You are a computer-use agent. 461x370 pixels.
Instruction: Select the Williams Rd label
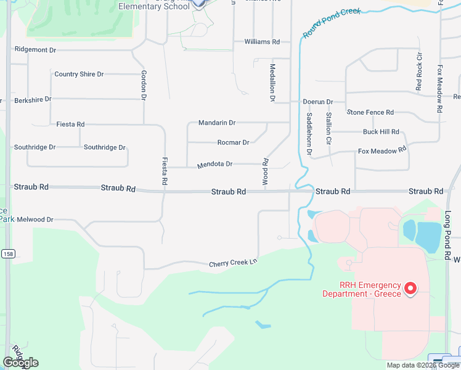(x=262, y=42)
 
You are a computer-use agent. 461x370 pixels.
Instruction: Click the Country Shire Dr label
(x=79, y=74)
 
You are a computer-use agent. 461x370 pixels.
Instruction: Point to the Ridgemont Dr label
(x=35, y=49)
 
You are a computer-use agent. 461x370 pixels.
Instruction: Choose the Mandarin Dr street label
(x=217, y=123)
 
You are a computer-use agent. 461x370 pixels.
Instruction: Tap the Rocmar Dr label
(x=233, y=142)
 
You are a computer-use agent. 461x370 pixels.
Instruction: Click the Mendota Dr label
(x=214, y=165)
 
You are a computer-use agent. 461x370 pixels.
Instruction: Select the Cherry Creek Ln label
(x=232, y=263)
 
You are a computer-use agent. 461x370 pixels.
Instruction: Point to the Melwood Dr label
(x=35, y=220)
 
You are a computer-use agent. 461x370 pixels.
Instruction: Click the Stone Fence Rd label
(x=370, y=112)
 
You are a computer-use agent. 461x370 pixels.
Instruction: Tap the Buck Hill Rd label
(x=381, y=132)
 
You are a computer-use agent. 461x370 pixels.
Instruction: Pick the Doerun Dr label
(x=317, y=102)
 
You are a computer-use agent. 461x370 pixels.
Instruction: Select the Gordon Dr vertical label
(x=143, y=84)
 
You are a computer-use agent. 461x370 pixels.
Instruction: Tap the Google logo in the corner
(x=20, y=363)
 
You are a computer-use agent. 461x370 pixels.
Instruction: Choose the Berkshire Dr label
(x=33, y=99)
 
